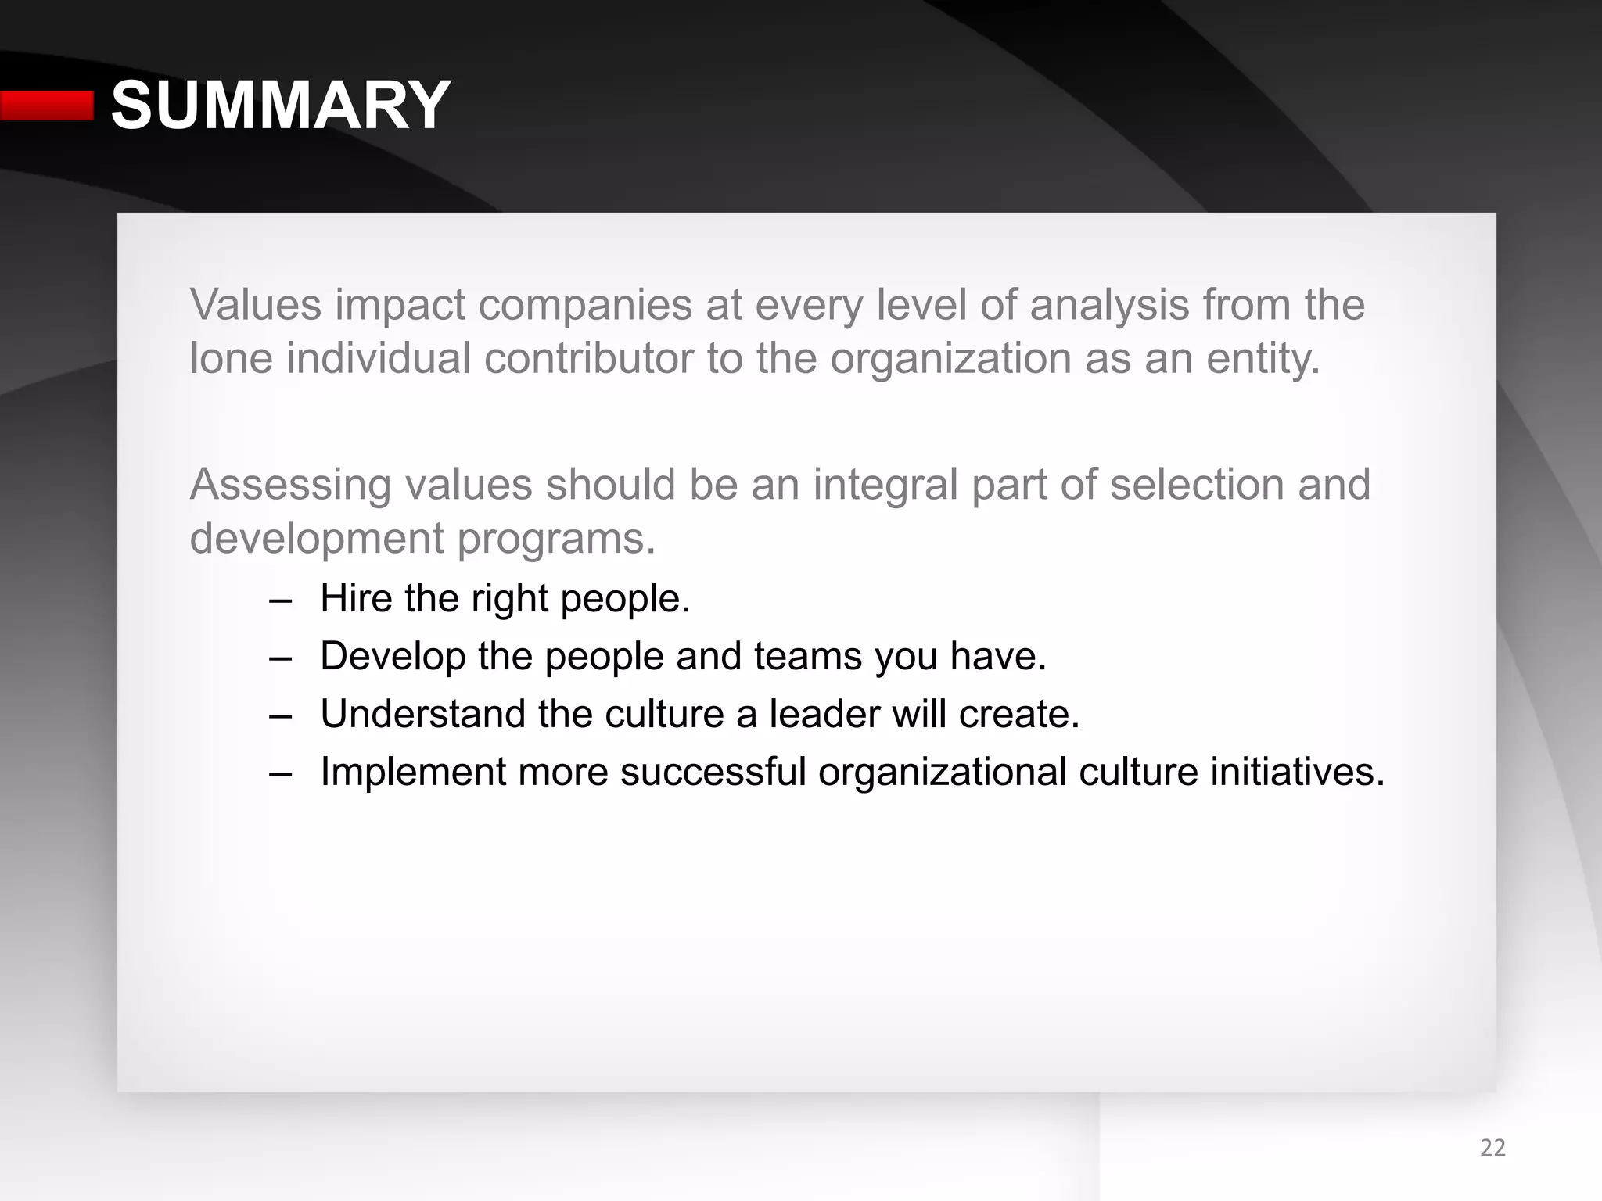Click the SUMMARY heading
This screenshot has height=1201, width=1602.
(x=280, y=106)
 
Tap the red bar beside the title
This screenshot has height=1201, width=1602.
(x=47, y=106)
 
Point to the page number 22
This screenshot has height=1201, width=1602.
(x=1492, y=1148)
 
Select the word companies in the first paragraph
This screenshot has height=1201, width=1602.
(x=585, y=306)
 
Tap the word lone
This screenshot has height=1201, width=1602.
(x=232, y=358)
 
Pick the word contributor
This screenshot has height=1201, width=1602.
(x=588, y=358)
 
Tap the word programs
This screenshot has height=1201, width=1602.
(x=556, y=540)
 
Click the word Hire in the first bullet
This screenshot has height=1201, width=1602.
(x=356, y=598)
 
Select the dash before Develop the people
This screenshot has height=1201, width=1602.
(x=279, y=658)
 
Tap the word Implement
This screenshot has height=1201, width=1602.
(x=413, y=773)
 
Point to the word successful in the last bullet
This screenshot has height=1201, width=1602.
(x=713, y=772)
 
